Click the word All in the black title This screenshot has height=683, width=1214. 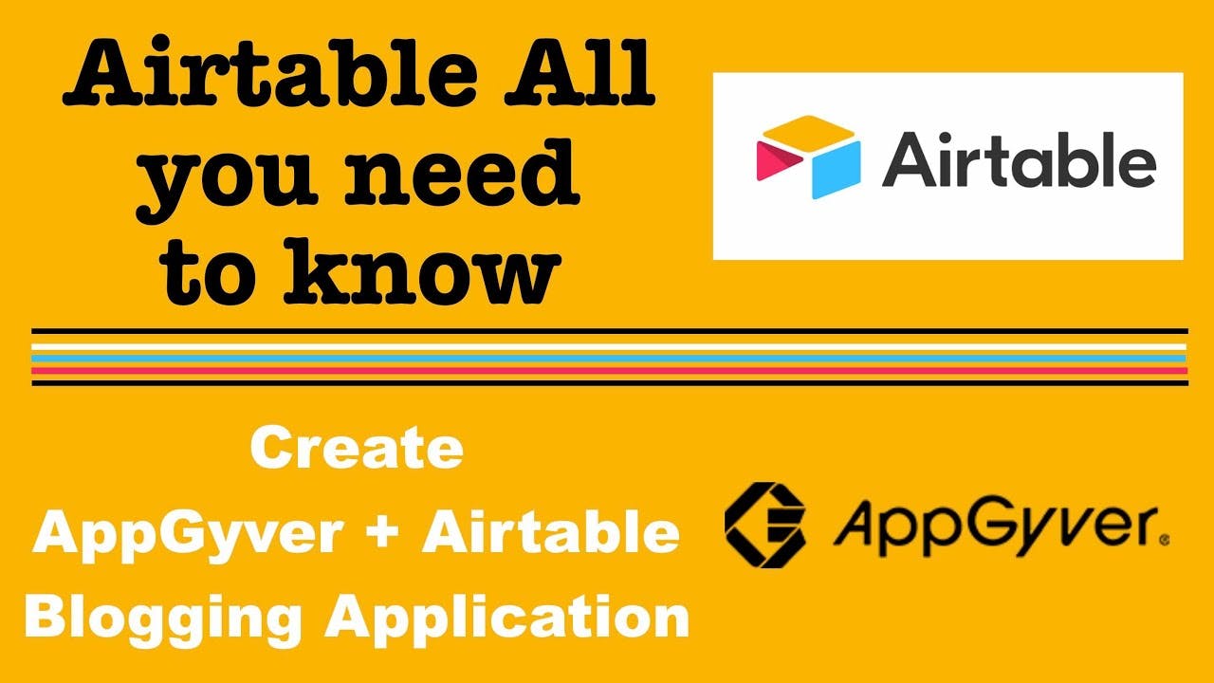[579, 73]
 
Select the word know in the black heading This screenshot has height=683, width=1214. [422, 271]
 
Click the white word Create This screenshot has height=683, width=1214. [357, 448]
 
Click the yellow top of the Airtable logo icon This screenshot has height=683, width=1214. [809, 134]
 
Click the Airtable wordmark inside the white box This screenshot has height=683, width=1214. [1020, 159]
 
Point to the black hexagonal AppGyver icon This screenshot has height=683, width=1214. [764, 525]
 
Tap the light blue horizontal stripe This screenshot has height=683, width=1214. [609, 359]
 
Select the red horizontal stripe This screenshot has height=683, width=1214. [609, 371]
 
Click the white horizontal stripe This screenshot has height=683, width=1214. [609, 346]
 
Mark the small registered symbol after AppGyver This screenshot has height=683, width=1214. [1165, 540]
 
